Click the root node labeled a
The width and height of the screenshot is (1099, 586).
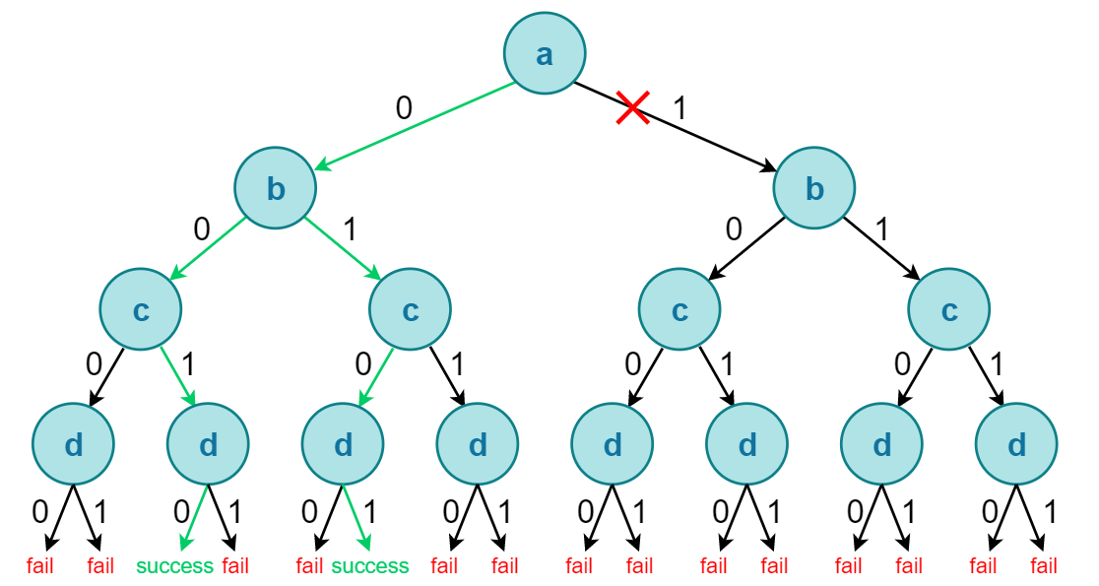pyautogui.click(x=545, y=55)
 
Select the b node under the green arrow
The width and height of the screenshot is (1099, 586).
pyautogui.click(x=275, y=188)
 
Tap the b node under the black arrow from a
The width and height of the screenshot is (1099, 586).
pyautogui.click(x=814, y=188)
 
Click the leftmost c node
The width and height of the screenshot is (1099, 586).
pyautogui.click(x=140, y=309)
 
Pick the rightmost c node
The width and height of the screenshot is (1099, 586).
pyautogui.click(x=949, y=309)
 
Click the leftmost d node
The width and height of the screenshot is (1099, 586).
pyautogui.click(x=73, y=445)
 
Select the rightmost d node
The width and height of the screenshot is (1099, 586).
pyautogui.click(x=1016, y=445)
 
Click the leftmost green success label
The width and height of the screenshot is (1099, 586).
pyautogui.click(x=174, y=566)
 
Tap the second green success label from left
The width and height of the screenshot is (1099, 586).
pyautogui.click(x=369, y=566)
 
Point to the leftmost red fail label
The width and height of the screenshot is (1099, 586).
pyautogui.click(x=40, y=566)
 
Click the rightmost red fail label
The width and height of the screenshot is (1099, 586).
pyautogui.click(x=1044, y=566)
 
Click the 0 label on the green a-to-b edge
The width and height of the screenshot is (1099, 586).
pyautogui.click(x=404, y=107)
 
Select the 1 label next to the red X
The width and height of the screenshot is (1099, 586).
pyautogui.click(x=679, y=107)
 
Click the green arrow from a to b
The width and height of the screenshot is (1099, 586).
pyautogui.click(x=414, y=124)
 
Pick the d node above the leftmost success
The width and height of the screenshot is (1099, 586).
pyautogui.click(x=208, y=445)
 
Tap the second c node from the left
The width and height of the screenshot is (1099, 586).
pyautogui.click(x=410, y=309)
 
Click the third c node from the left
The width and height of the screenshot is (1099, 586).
pyautogui.click(x=679, y=309)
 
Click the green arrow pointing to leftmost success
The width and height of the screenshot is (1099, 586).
pyautogui.click(x=197, y=517)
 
